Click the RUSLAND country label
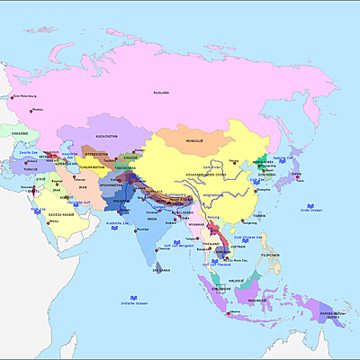coord(162,92)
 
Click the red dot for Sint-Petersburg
coord(12,95)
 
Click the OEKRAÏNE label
coord(20,132)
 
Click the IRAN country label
coord(80,187)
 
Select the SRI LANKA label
coord(161,269)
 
